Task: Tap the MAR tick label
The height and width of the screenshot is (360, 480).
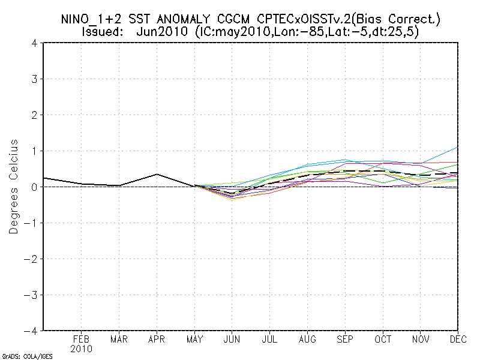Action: click(119, 340)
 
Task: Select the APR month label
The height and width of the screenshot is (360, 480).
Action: click(157, 340)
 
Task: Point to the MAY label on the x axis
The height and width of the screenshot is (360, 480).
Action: click(194, 340)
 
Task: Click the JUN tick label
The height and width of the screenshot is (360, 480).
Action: click(232, 340)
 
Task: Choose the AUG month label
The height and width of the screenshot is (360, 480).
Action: click(308, 340)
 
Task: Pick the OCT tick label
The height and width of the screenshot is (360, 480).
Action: click(383, 340)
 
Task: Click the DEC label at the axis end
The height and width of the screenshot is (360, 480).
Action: click(457, 340)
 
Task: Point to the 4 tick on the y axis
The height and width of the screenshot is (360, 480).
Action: click(35, 43)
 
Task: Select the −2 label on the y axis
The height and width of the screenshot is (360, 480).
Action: click(33, 259)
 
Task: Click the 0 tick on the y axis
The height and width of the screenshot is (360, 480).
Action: click(35, 187)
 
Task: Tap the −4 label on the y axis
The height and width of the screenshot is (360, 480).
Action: click(33, 331)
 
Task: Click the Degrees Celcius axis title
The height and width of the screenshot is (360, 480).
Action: click(13, 187)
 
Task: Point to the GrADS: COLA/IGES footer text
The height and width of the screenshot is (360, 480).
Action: click(28, 356)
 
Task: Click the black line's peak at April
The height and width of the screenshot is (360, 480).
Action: click(157, 174)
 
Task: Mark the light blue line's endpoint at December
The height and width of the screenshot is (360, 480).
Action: click(457, 147)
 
